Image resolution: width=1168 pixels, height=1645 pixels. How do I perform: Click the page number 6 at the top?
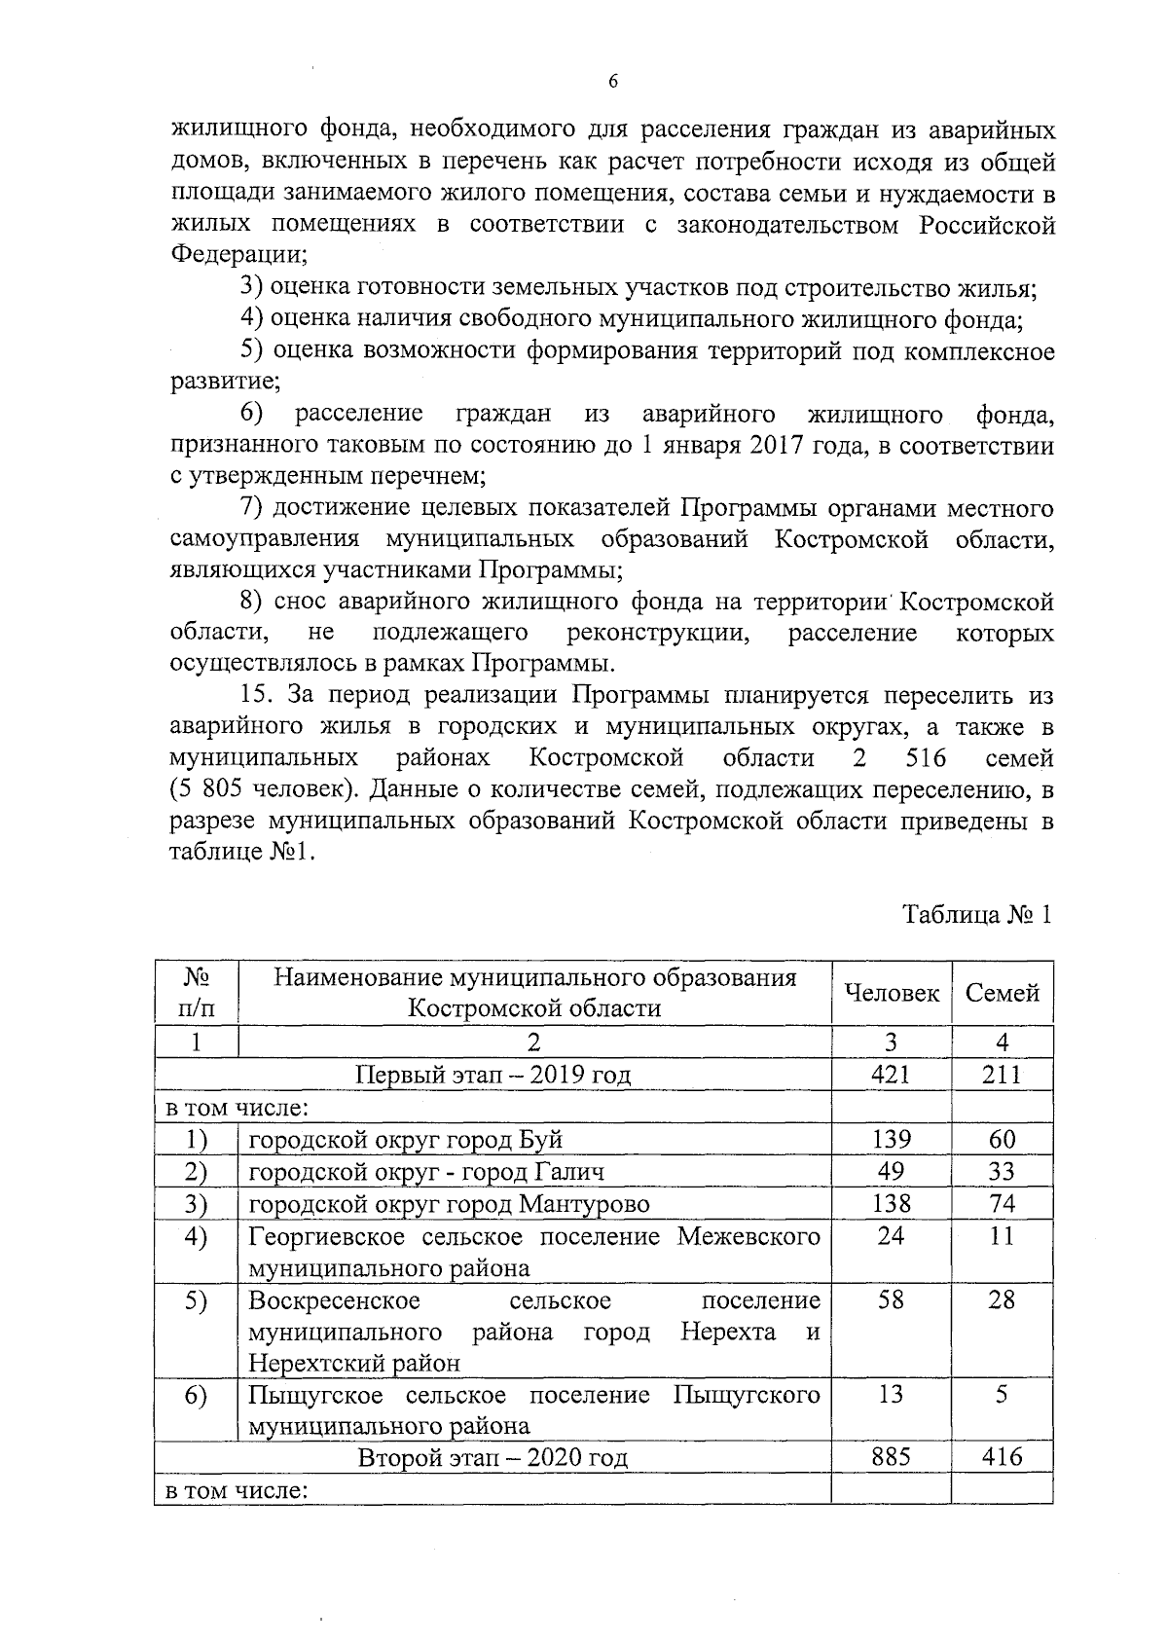(612, 82)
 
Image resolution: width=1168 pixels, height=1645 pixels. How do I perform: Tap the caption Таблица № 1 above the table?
(977, 915)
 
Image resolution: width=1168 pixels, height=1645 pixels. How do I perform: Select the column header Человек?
(892, 993)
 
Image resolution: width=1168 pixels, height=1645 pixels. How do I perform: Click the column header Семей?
(1002, 993)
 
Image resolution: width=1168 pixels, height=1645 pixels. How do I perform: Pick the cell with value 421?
(891, 1074)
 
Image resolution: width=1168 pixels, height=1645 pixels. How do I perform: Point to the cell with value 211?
(1002, 1074)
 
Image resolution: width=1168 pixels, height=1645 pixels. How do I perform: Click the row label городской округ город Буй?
(406, 1139)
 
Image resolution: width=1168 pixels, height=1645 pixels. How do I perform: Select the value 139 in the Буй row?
(891, 1139)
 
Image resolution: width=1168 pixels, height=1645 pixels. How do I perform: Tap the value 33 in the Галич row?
(1002, 1171)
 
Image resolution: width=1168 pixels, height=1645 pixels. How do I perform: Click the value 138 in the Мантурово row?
(891, 1203)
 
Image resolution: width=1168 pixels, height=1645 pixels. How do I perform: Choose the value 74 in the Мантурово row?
(1002, 1203)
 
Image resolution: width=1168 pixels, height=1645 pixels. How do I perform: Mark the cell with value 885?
(891, 1457)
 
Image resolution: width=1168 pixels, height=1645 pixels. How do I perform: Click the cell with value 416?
(1002, 1457)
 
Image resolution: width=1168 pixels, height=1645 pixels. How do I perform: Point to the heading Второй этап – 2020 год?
(493, 1458)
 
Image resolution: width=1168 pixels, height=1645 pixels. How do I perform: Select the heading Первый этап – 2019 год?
(493, 1075)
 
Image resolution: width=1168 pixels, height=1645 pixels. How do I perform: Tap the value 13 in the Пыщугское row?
(891, 1394)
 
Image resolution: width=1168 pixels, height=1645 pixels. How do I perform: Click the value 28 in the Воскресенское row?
(1002, 1299)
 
